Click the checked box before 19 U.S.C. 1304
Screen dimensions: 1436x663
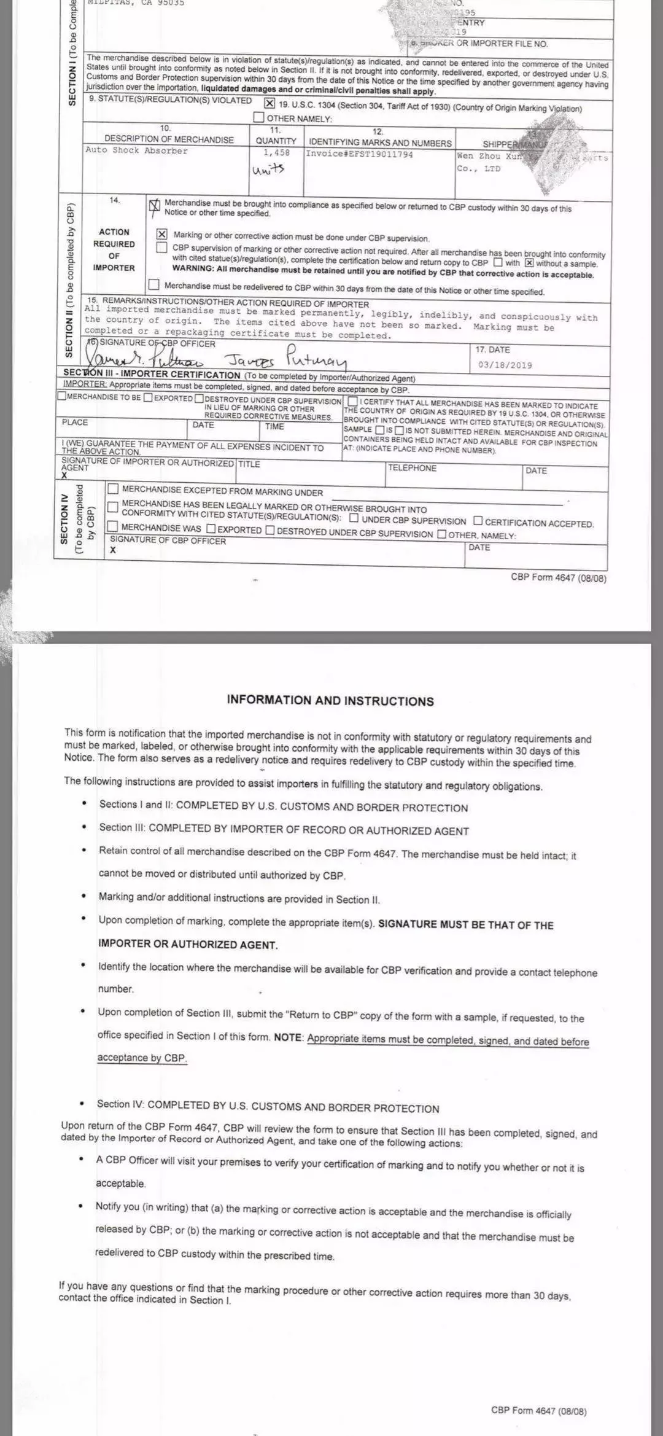pyautogui.click(x=269, y=103)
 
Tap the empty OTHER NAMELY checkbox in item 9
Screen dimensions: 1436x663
pyautogui.click(x=259, y=117)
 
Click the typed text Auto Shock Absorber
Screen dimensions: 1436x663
pyautogui.click(x=137, y=150)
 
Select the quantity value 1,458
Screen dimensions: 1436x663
pyautogui.click(x=276, y=152)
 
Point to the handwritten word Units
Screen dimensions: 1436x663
pyautogui.click(x=268, y=169)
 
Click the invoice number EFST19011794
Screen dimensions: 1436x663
pyautogui.click(x=359, y=154)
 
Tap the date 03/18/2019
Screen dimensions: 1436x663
pyautogui.click(x=505, y=365)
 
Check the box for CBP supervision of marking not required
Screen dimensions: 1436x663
pyautogui.click(x=161, y=248)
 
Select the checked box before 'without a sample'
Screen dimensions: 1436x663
pyautogui.click(x=529, y=263)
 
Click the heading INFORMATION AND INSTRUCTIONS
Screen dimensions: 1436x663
pyautogui.click(x=330, y=701)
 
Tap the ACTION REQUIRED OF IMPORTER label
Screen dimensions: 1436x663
pyautogui.click(x=114, y=249)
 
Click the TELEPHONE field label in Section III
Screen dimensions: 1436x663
pyautogui.click(x=412, y=468)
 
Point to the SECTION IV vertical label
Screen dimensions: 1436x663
pyautogui.click(x=64, y=519)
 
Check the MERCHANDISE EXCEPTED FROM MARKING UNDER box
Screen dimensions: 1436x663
pyautogui.click(x=113, y=489)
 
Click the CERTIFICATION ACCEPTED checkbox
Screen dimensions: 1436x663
pyautogui.click(x=478, y=521)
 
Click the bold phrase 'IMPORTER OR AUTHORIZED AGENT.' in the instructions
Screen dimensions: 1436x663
pyautogui.click(x=188, y=944)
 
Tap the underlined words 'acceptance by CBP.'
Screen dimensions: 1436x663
pyautogui.click(x=142, y=1057)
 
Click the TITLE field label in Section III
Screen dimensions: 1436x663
pyautogui.click(x=249, y=464)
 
